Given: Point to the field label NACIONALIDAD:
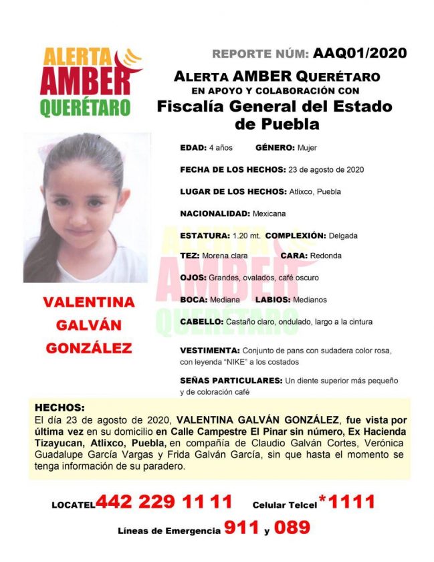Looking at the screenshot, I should [215, 213].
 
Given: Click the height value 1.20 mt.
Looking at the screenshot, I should [247, 236].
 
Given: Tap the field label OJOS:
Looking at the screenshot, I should [193, 278].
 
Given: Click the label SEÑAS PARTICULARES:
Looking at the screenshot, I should [231, 381].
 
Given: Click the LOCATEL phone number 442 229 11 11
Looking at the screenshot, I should [164, 502].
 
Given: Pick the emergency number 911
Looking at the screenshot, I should [242, 529].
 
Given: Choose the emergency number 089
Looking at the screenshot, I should [292, 529].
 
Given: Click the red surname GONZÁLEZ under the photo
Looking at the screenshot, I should [89, 348].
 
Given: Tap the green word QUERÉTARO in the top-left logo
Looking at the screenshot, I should [84, 107].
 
